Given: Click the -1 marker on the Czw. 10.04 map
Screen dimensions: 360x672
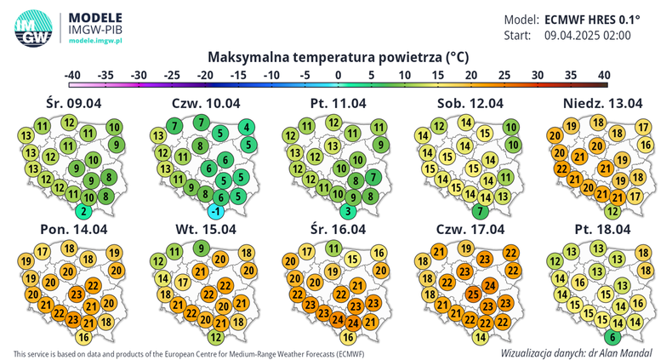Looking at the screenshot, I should pyautogui.click(x=217, y=211).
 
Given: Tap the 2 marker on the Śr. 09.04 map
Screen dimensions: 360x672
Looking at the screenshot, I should pyautogui.click(x=83, y=211).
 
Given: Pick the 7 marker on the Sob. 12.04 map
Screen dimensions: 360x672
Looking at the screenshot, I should pyautogui.click(x=481, y=211).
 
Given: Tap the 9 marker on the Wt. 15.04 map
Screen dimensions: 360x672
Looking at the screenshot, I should pyautogui.click(x=199, y=249).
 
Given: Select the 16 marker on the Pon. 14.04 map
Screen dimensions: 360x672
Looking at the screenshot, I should pyautogui.click(x=83, y=337).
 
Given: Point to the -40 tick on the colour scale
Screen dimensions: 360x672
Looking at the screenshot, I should pyautogui.click(x=73, y=75).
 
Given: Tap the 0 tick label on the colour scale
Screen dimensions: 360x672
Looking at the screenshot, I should pyautogui.click(x=339, y=75).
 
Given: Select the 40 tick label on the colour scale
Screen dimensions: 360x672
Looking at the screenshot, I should pyautogui.click(x=603, y=75).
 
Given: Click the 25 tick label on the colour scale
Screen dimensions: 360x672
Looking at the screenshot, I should pyautogui.click(x=504, y=75).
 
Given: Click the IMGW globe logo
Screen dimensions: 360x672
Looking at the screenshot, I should pyautogui.click(x=32, y=27).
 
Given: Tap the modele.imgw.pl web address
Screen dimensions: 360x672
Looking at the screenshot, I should pyautogui.click(x=96, y=41).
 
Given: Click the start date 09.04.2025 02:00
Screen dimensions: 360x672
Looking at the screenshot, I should pyautogui.click(x=588, y=36).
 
